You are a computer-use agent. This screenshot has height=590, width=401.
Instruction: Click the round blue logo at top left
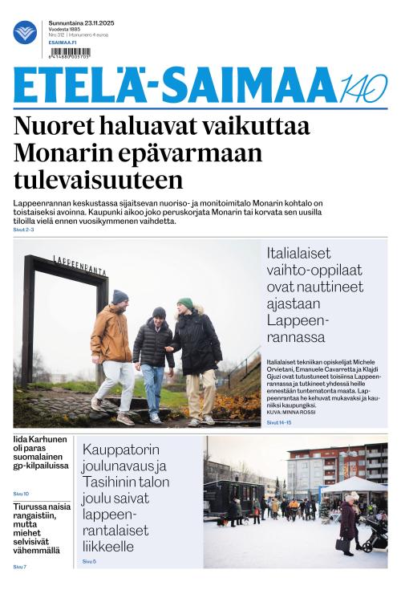[25, 33]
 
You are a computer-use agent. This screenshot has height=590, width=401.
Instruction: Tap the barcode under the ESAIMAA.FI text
[70, 52]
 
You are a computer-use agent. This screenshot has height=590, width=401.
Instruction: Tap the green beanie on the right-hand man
[185, 303]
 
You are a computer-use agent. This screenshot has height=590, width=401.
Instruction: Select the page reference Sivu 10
[21, 493]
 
